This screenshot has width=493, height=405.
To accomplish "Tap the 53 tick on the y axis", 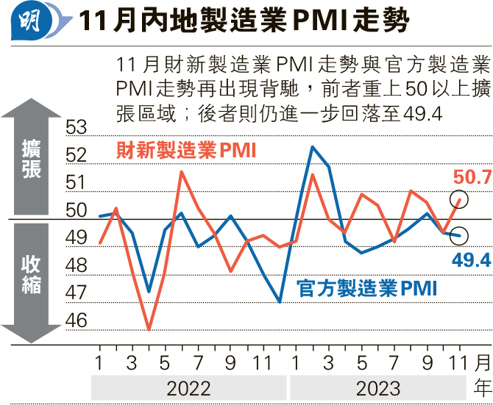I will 77,128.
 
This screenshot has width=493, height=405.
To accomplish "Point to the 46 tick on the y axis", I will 77,320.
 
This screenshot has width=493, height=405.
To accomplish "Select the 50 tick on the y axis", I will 77,210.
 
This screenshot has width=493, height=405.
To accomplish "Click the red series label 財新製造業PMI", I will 185,151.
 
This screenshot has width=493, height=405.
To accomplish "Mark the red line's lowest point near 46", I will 149,329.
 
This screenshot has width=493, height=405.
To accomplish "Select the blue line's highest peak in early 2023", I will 312,147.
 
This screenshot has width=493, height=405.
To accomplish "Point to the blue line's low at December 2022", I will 280,301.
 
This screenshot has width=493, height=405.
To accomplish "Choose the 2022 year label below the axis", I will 188,387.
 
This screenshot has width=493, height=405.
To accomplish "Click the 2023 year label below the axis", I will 377,387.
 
